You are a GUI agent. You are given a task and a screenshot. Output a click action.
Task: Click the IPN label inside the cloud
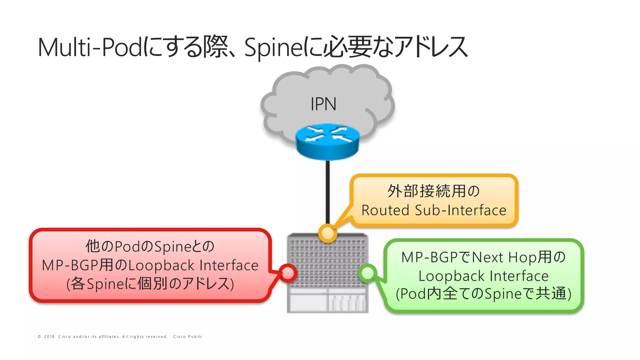(x=323, y=104)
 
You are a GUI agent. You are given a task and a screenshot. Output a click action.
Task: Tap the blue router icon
(x=327, y=142)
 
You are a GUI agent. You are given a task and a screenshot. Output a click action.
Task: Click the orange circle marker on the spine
(x=327, y=233)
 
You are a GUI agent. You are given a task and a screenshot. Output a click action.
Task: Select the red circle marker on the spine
(x=287, y=273)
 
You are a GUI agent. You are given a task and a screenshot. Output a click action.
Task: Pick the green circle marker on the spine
(x=367, y=273)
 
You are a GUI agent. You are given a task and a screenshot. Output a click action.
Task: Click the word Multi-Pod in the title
(x=90, y=47)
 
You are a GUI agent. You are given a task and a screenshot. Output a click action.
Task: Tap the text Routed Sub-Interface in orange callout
(x=434, y=210)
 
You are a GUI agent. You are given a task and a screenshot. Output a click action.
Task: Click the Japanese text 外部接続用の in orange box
(x=434, y=191)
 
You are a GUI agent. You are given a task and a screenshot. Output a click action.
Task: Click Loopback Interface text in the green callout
(x=483, y=276)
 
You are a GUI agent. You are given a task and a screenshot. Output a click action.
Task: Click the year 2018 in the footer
(x=49, y=337)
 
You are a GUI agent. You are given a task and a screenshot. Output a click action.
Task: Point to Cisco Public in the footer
(x=188, y=337)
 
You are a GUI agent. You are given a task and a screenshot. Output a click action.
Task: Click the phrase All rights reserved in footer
(x=145, y=337)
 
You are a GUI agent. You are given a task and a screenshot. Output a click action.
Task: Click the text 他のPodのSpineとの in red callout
(x=150, y=246)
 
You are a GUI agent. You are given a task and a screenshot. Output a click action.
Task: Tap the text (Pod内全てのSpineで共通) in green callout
(x=483, y=294)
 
